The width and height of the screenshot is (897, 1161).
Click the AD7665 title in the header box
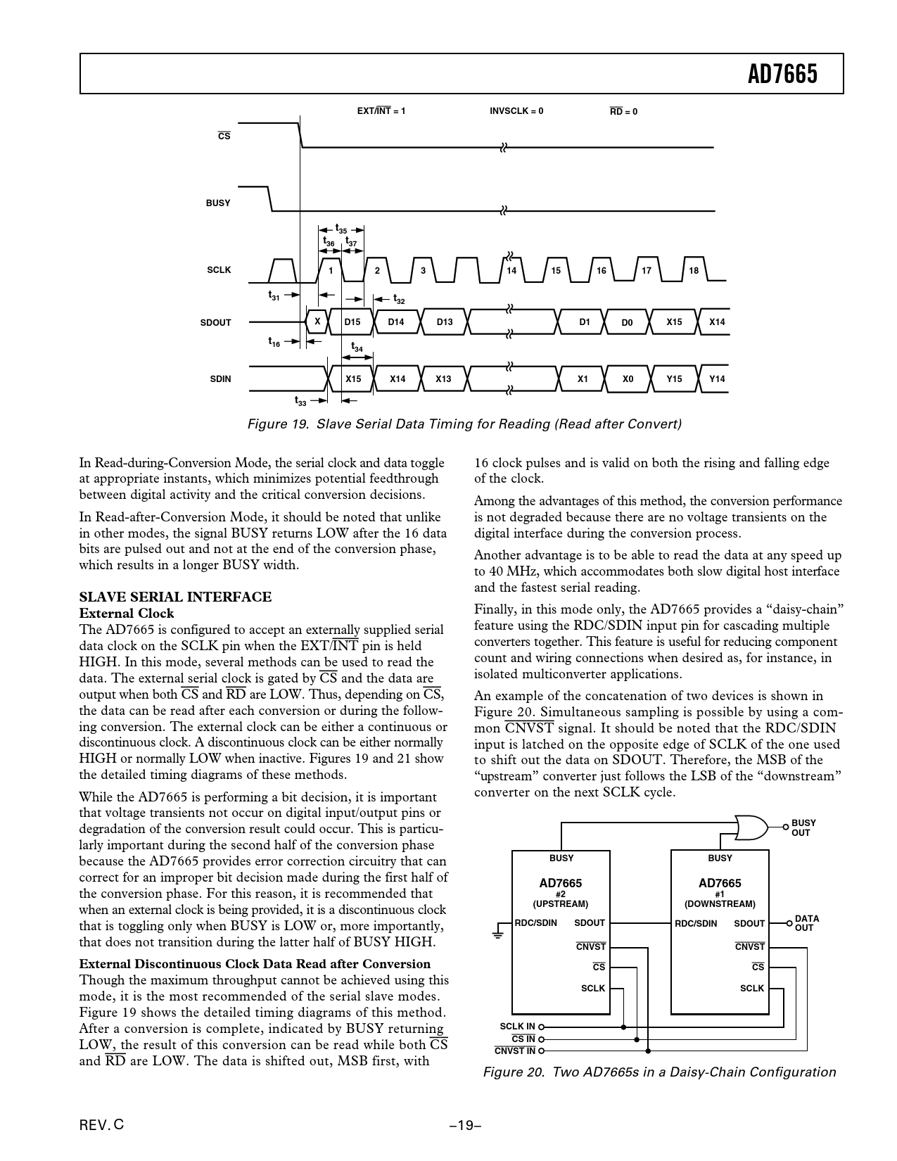[782, 74]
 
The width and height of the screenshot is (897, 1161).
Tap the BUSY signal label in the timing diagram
[218, 203]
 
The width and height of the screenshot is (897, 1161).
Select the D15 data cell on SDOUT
[352, 322]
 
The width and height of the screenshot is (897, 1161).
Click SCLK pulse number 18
[694, 270]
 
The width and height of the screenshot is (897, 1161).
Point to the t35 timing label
[341, 229]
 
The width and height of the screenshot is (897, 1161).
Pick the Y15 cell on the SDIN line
[674, 379]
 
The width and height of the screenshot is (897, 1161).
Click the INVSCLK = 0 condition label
[516, 111]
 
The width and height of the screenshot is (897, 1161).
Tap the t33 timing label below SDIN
[300, 400]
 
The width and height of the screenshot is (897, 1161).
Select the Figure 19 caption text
[464, 424]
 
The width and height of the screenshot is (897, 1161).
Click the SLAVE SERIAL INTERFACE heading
[175, 597]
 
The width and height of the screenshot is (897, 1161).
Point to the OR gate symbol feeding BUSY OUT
[751, 827]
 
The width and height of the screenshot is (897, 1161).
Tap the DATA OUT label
[807, 923]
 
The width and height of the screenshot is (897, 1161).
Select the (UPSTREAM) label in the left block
[561, 904]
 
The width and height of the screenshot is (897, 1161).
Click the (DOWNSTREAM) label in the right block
[720, 904]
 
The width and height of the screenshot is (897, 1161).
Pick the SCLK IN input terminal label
[517, 1027]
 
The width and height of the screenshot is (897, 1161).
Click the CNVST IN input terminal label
[514, 1051]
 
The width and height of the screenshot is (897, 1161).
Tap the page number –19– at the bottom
[465, 1125]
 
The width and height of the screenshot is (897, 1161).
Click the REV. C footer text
[101, 1124]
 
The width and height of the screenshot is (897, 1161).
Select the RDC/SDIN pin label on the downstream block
[696, 923]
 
